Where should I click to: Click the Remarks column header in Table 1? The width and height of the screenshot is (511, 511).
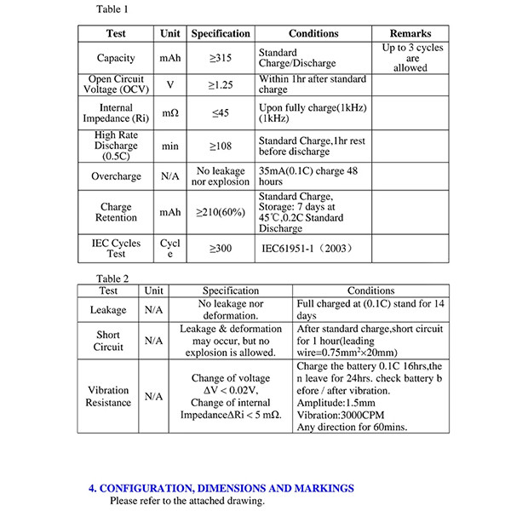pos(411,33)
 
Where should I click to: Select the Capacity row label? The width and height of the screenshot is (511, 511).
pos(116,58)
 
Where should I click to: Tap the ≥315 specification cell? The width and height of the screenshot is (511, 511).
pos(220,58)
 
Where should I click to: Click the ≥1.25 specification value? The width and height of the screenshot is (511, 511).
pos(220,85)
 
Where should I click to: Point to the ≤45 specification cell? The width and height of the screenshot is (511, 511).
pos(220,113)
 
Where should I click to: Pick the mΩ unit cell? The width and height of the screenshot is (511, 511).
pos(169,113)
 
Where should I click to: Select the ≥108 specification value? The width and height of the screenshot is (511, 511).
pos(220,146)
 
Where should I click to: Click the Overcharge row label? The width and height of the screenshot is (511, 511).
pos(116,177)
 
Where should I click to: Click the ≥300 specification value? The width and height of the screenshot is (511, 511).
pos(220,249)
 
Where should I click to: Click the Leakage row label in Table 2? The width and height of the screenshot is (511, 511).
pos(108,310)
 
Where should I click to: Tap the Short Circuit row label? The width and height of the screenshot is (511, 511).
pos(108,341)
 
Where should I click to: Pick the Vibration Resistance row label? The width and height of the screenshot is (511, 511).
pos(108,396)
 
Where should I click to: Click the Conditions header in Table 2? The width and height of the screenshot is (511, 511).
pos(370,290)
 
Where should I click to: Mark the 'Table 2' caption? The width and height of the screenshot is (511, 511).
pos(113,278)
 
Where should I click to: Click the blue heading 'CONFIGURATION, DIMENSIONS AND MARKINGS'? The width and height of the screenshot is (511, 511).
pos(221,488)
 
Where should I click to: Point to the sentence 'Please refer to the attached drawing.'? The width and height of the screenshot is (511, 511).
pos(187,501)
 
